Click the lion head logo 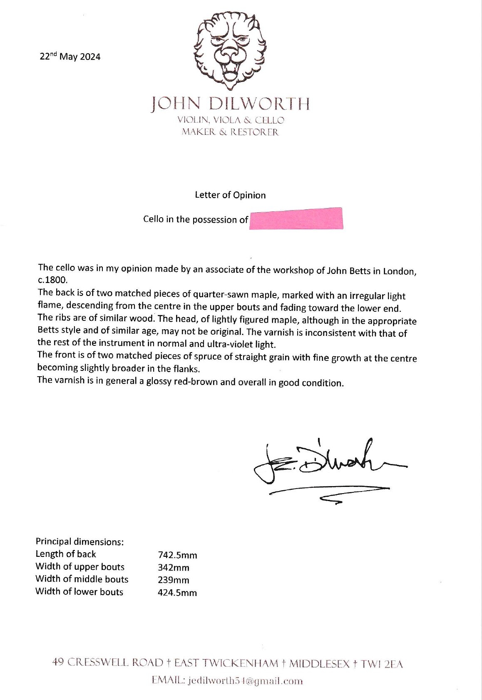[x=231, y=50]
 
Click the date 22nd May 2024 [x=70, y=57]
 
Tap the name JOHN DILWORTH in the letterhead [x=230, y=104]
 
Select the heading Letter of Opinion [x=230, y=195]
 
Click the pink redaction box [x=296, y=218]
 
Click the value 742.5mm [x=177, y=555]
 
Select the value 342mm [x=174, y=568]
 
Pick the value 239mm [x=174, y=580]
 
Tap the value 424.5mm [x=177, y=593]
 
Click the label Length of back [x=66, y=554]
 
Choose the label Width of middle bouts [x=82, y=579]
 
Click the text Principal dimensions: [x=80, y=541]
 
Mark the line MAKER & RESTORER [x=230, y=132]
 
